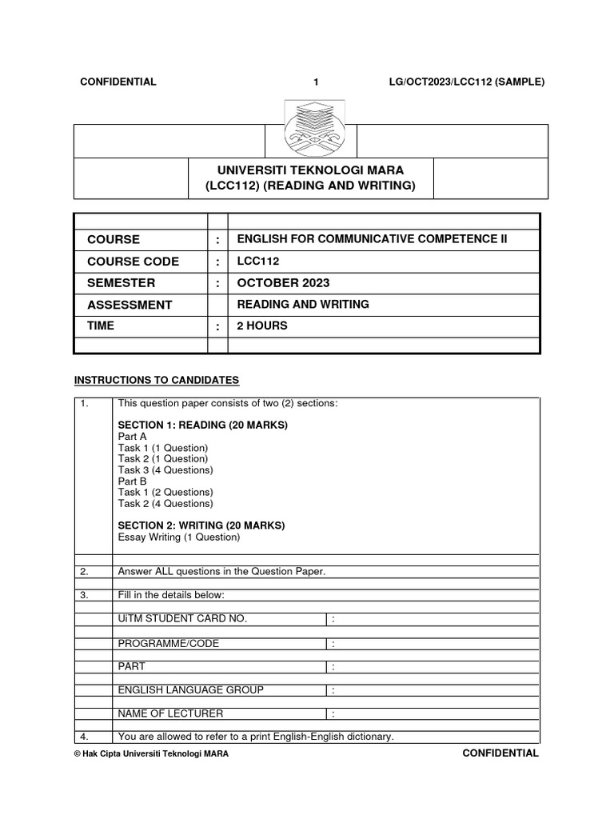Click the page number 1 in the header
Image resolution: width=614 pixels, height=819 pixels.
click(316, 82)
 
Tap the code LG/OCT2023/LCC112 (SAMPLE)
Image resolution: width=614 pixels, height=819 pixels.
click(464, 82)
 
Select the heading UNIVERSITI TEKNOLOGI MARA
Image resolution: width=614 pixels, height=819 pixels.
click(310, 170)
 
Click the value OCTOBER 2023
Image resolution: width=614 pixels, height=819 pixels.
click(283, 283)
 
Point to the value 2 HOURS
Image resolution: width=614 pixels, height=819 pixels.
click(262, 326)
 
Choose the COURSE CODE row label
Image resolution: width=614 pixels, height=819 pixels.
click(133, 262)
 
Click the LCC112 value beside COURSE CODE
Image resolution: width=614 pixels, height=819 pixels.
click(258, 262)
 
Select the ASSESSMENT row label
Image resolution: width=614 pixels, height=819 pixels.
click(130, 305)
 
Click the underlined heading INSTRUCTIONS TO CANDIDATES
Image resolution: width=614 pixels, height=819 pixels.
click(157, 380)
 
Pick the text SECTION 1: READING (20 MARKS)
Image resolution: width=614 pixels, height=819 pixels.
click(202, 425)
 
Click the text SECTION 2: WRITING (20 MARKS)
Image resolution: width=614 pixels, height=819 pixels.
click(201, 525)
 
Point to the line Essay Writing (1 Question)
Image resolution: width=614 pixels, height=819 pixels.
click(178, 537)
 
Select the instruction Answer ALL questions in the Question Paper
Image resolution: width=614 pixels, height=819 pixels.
click(221, 571)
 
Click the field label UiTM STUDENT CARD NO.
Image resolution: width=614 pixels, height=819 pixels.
click(182, 618)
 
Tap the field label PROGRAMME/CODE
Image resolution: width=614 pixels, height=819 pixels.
click(168, 643)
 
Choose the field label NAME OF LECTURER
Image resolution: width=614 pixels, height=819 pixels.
click(170, 713)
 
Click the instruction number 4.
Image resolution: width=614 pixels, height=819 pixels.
click(83, 737)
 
